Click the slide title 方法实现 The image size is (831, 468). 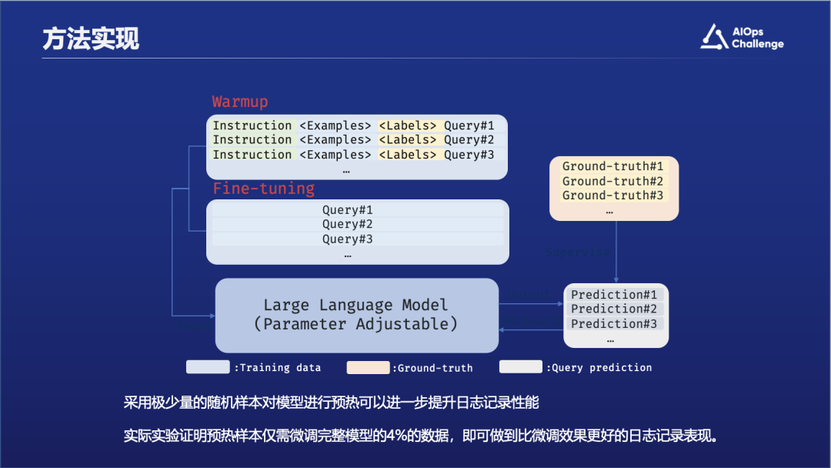pyautogui.click(x=91, y=38)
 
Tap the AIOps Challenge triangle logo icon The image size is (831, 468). pyautogui.click(x=714, y=37)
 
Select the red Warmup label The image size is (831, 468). pyautogui.click(x=240, y=102)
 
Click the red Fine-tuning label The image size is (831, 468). pyautogui.click(x=264, y=189)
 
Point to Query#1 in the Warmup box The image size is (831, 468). pyautogui.click(x=469, y=125)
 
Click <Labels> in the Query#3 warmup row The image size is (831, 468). pyautogui.click(x=409, y=155)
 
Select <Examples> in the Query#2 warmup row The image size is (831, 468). pyautogui.click(x=335, y=140)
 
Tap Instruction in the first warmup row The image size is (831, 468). pyautogui.click(x=252, y=125)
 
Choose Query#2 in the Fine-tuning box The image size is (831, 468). pyautogui.click(x=348, y=224)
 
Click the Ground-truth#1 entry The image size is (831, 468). pyautogui.click(x=612, y=166)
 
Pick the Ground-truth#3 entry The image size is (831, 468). pyautogui.click(x=612, y=196)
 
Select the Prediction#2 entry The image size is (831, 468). pyautogui.click(x=614, y=309)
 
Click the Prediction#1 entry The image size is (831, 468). pyautogui.click(x=614, y=294)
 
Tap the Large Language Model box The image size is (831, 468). pyautogui.click(x=356, y=315)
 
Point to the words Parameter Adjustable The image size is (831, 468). pyautogui.click(x=355, y=324)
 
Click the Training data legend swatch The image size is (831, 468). pyautogui.click(x=208, y=367)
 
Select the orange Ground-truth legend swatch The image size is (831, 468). pyautogui.click(x=368, y=367)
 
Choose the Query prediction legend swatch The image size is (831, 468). pyautogui.click(x=521, y=367)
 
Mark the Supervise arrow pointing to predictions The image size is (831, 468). pyautogui.click(x=616, y=254)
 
